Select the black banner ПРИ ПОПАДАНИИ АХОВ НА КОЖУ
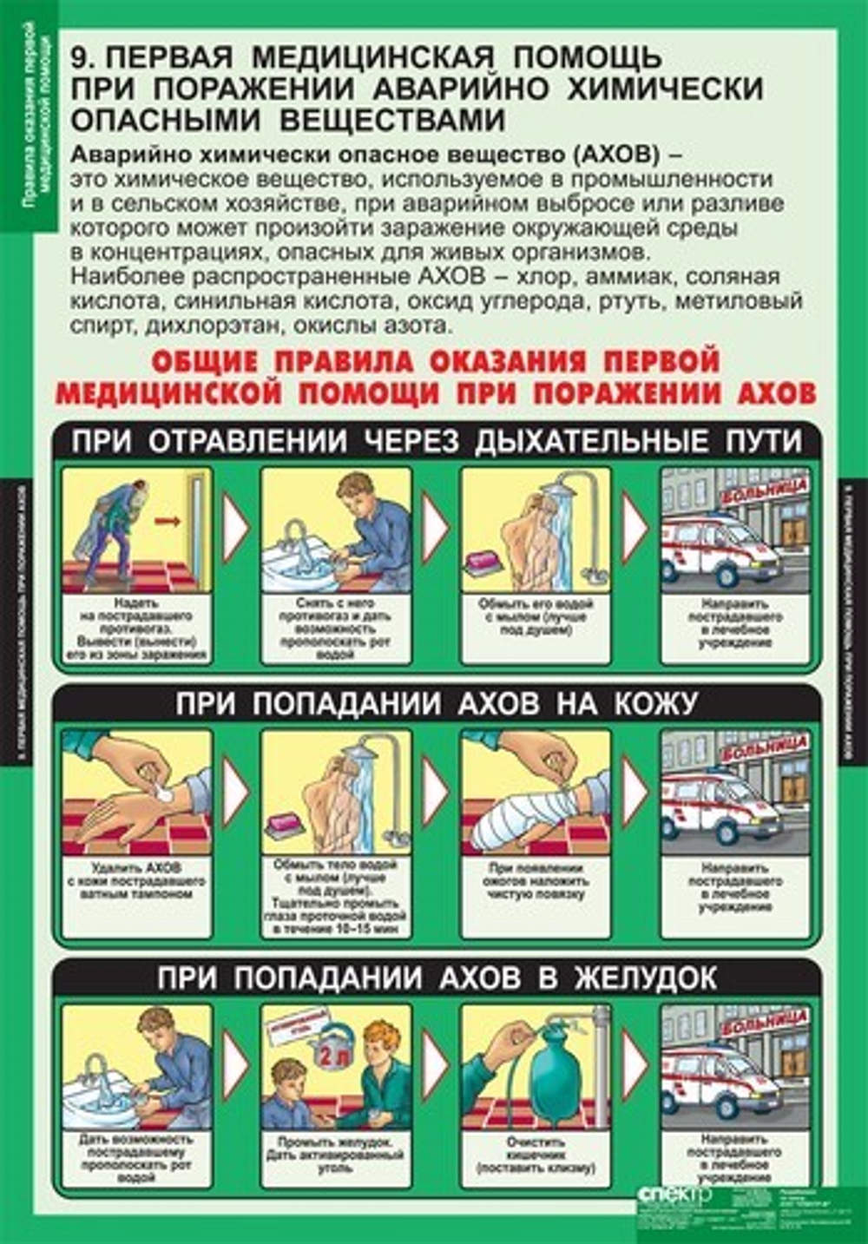(x=437, y=703)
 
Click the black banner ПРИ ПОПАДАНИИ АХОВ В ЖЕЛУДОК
(x=437, y=978)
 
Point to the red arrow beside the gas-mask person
(x=168, y=522)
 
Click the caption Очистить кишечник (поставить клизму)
(x=535, y=1155)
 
